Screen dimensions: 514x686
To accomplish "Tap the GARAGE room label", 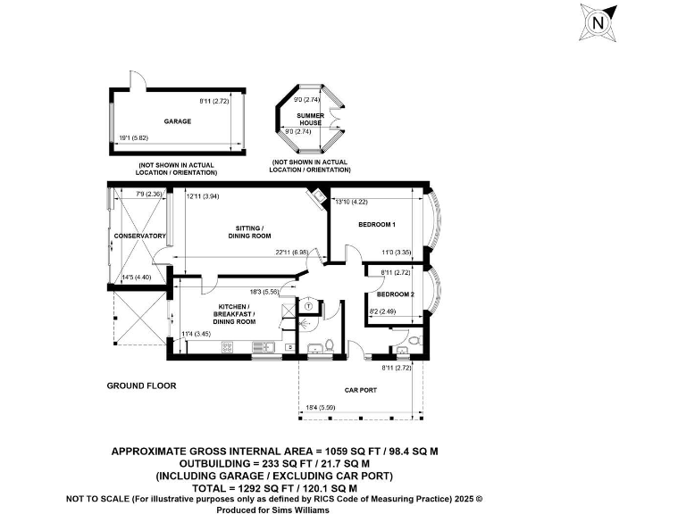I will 177,120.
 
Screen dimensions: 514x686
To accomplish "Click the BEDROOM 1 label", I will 377,224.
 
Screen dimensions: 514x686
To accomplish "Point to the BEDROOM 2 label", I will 395,294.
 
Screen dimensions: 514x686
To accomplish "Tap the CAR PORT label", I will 361,390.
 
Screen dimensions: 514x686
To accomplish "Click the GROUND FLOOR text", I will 141,385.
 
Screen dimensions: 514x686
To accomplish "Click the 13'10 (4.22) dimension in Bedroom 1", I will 351,202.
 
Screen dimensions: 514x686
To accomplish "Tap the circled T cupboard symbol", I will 308,305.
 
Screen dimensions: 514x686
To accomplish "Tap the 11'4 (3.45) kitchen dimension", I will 196,334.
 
